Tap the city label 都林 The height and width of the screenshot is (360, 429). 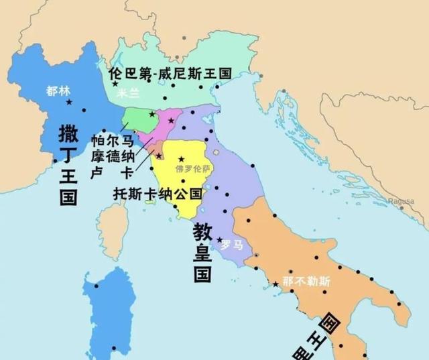58,91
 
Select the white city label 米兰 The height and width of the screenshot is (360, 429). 129,95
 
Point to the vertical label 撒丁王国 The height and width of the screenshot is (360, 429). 68,164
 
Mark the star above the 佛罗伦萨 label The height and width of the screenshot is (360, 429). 181,160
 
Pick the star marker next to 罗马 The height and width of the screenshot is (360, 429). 219,239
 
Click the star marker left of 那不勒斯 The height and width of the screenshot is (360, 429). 275,285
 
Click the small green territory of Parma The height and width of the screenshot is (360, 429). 137,119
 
